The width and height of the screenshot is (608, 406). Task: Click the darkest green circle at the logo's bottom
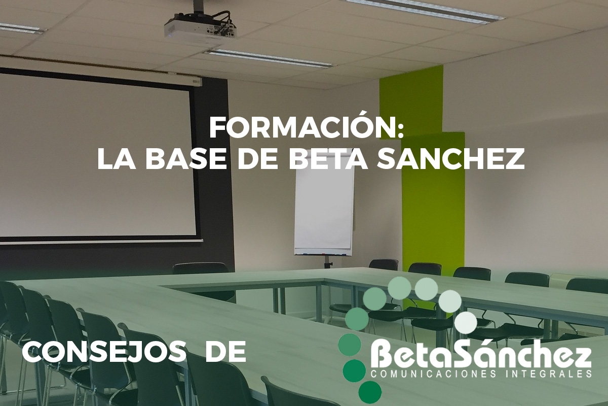[370, 392]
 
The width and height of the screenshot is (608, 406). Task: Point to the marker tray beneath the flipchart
[323, 254]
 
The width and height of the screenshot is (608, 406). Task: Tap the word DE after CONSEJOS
[226, 352]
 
